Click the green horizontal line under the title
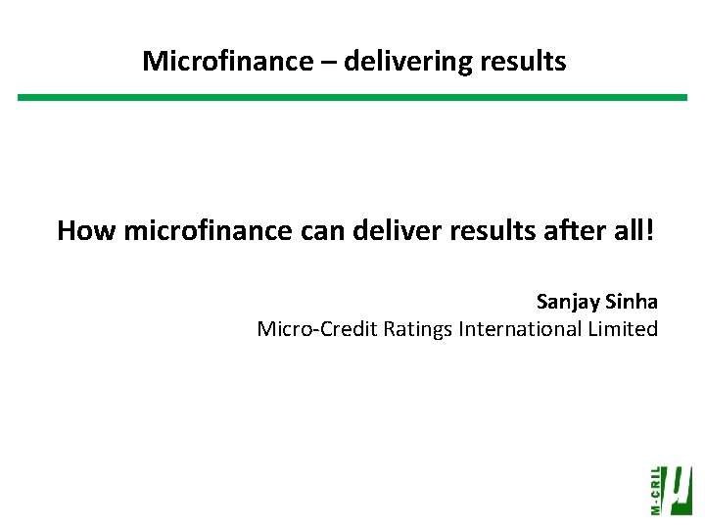352,97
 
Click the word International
519,329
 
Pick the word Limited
623,329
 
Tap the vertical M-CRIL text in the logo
655,490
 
